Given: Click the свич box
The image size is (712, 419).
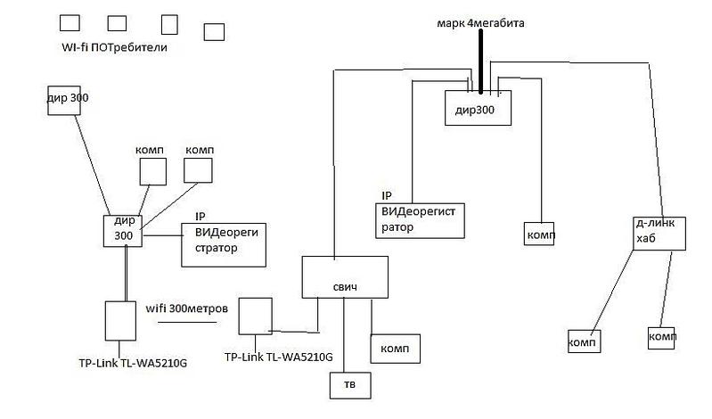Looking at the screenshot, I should (344, 276).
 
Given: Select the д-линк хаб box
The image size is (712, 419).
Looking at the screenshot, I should (655, 234).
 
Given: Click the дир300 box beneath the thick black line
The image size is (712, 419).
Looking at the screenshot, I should (479, 108).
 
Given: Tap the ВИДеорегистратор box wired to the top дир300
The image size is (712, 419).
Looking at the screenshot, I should (420, 220).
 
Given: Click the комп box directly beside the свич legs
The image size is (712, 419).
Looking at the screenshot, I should (394, 347).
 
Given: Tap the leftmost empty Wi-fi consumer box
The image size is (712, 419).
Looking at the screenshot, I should (68, 22).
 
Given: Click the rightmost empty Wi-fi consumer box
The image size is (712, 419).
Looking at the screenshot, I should (214, 32).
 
